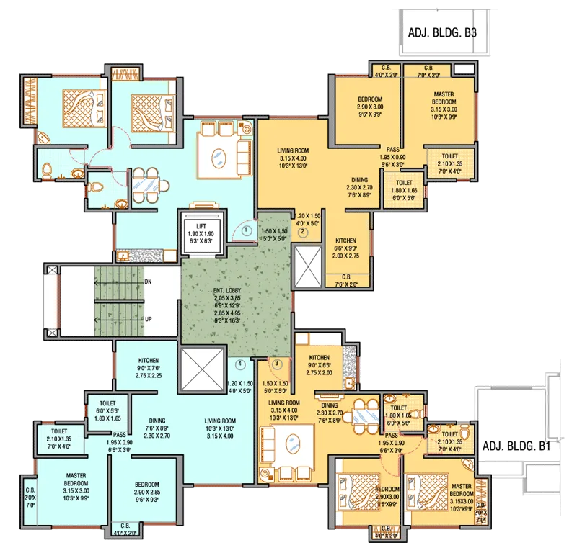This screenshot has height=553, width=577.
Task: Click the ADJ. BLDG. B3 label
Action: point(438,32)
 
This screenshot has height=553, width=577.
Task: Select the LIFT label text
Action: point(202,226)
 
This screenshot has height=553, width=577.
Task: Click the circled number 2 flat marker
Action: point(304,232)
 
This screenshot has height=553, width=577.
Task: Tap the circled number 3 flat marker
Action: point(275,363)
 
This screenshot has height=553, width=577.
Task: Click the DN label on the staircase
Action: point(148,282)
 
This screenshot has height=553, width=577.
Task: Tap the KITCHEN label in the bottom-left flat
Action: point(149,360)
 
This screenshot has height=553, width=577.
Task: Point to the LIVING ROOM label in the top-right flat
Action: point(293,151)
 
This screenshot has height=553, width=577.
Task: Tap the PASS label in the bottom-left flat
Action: point(120,435)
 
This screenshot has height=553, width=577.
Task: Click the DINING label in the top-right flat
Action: point(360,180)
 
